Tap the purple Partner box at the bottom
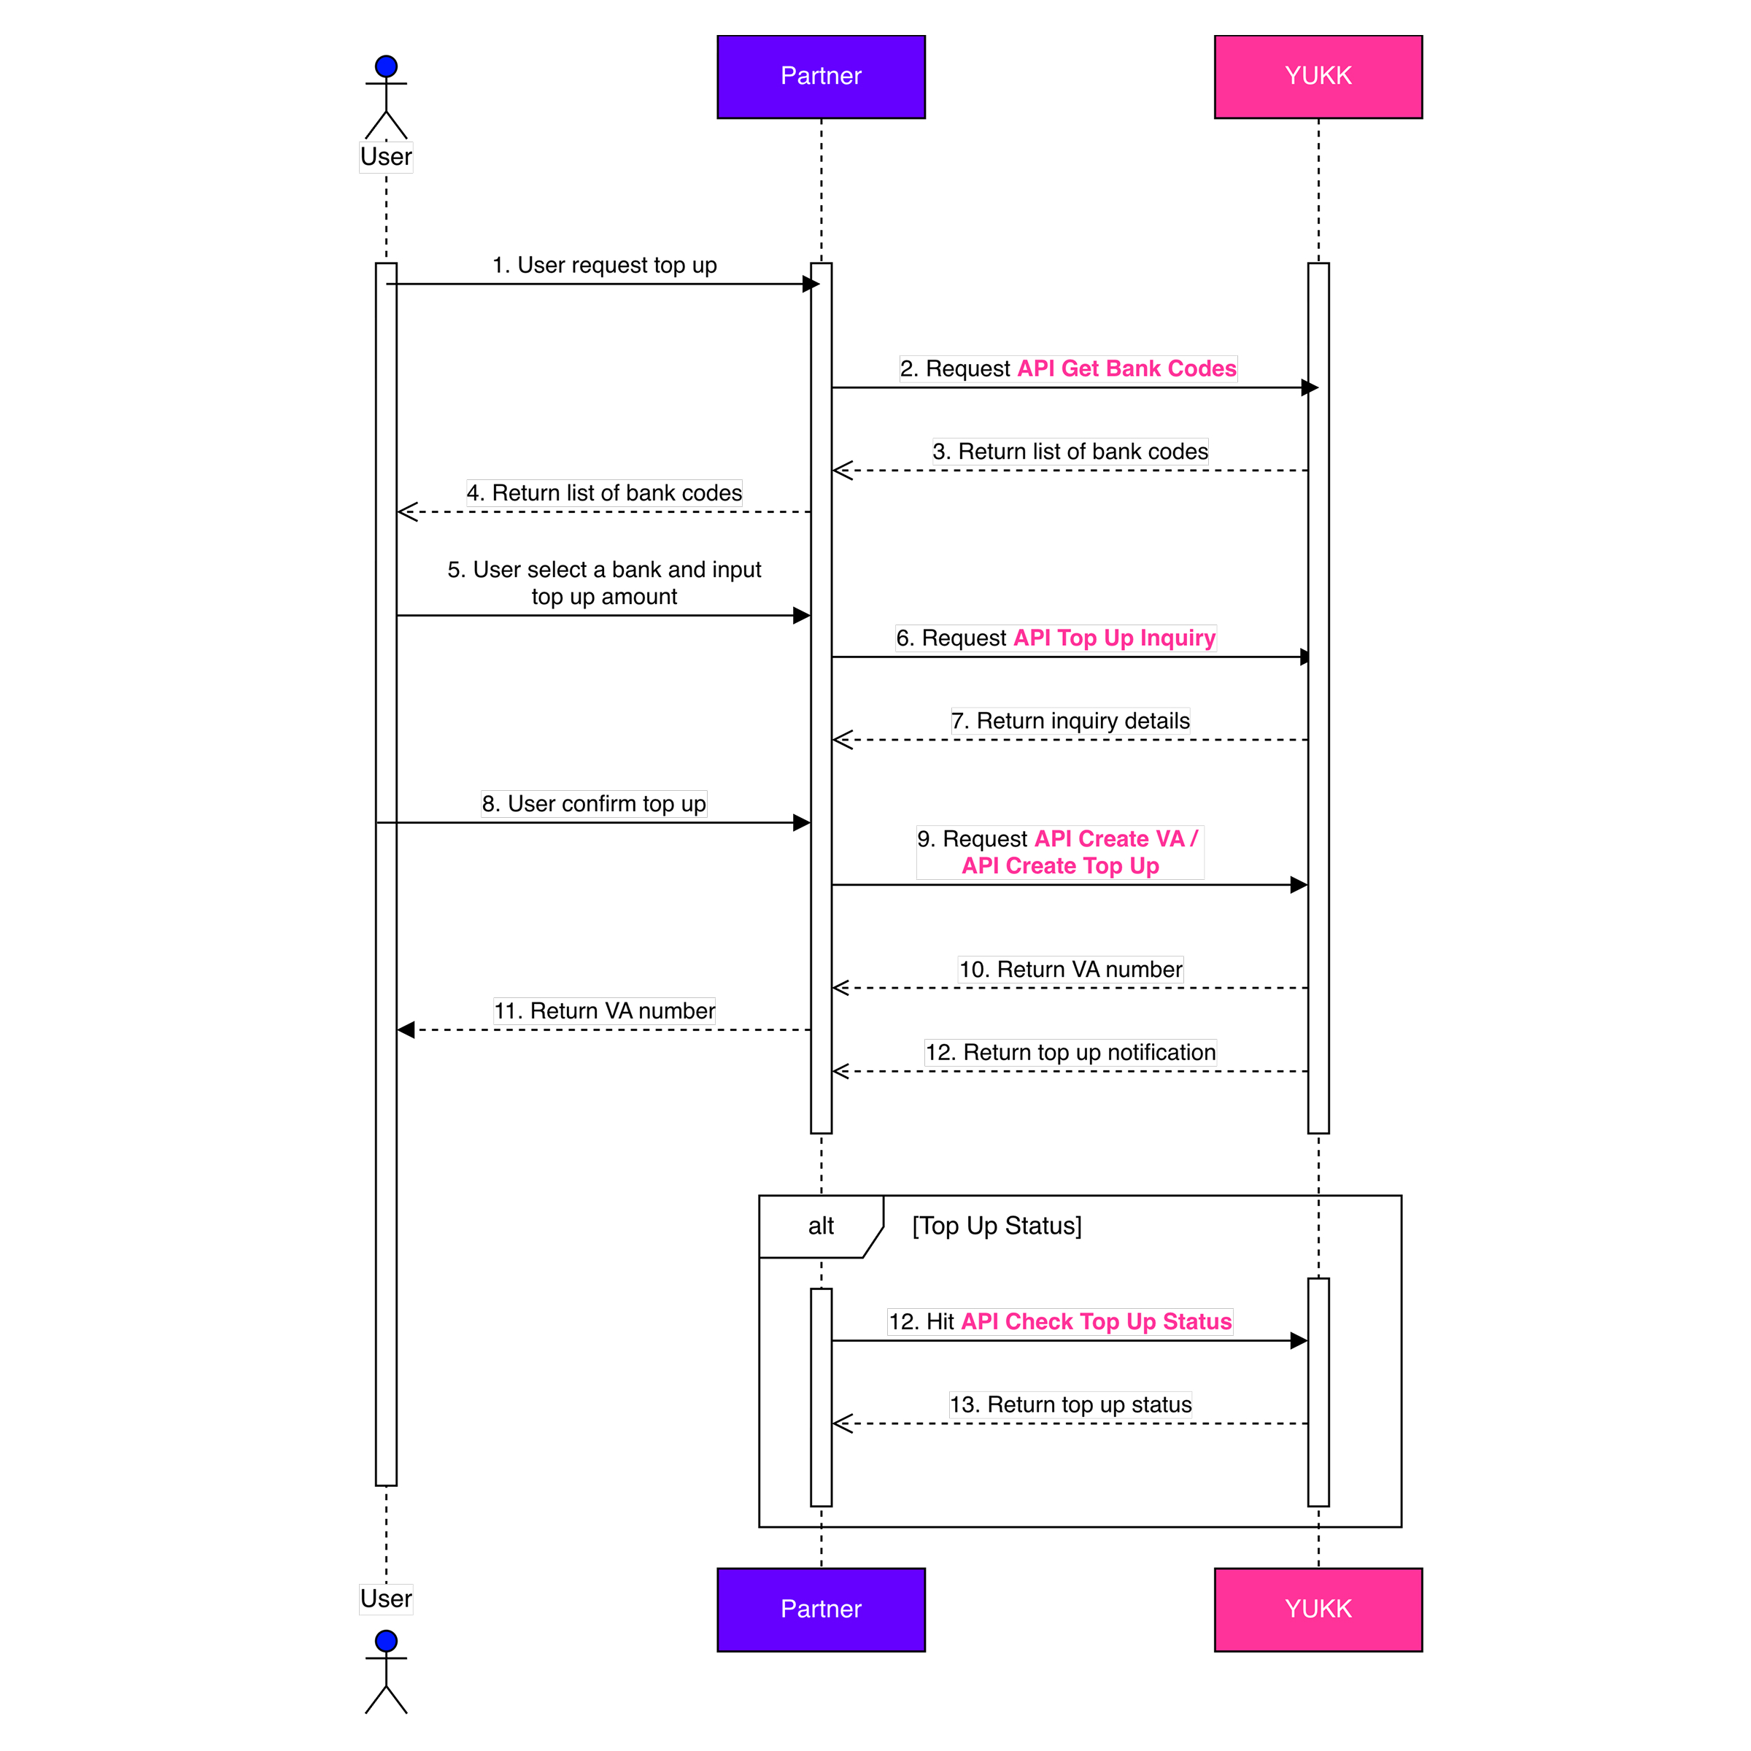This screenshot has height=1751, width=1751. (x=821, y=1609)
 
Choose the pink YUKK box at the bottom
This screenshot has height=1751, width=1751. (x=1318, y=1609)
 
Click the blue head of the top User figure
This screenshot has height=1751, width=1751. (x=386, y=66)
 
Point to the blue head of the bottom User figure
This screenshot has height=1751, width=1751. (x=386, y=1642)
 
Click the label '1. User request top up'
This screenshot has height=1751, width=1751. (x=605, y=265)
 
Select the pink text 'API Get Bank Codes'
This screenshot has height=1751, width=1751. (x=1126, y=369)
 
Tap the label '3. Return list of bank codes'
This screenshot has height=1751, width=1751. (x=1070, y=452)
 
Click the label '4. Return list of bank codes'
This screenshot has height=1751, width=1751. (x=605, y=493)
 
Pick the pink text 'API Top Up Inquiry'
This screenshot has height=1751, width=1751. (x=1114, y=638)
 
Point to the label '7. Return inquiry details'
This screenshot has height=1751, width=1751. (x=1070, y=721)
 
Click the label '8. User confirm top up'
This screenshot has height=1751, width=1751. (x=594, y=804)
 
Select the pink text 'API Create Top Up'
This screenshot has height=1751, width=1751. (x=1060, y=867)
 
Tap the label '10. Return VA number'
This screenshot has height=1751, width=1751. (x=1070, y=970)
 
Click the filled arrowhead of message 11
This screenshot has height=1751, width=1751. (x=406, y=1030)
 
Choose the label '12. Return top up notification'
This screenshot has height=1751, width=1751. (x=1070, y=1052)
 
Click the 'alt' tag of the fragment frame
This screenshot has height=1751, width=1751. (x=821, y=1226)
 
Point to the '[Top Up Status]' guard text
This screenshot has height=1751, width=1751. (x=997, y=1226)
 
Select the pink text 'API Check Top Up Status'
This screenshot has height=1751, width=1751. (x=1097, y=1322)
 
